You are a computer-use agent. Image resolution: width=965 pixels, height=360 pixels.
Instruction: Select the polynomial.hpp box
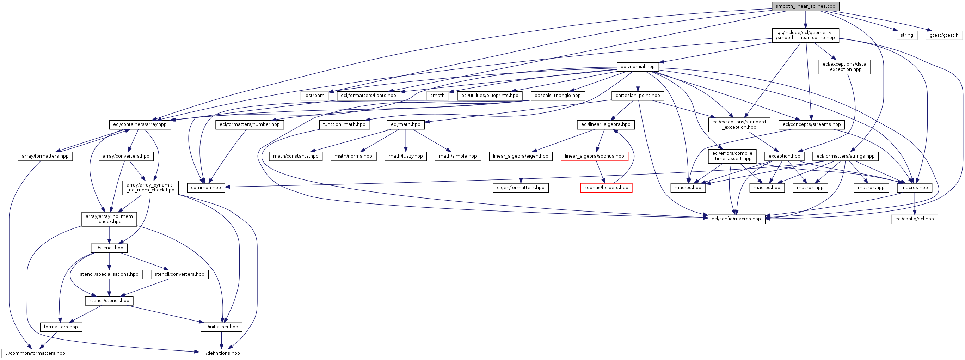(637, 67)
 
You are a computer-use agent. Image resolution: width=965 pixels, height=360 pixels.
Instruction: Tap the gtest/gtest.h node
(944, 35)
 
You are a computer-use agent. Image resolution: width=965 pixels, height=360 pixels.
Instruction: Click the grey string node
(906, 35)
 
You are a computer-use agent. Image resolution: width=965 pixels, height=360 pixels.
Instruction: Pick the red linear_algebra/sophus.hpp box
(594, 156)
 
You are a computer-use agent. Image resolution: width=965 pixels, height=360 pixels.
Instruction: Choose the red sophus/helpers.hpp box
(606, 188)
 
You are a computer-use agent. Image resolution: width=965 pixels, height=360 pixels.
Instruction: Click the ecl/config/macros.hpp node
(736, 219)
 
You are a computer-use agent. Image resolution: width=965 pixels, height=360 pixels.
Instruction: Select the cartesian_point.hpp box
(638, 96)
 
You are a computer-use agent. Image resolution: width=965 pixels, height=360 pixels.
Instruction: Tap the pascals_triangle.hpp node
(558, 96)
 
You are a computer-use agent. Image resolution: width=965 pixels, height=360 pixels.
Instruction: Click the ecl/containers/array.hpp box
(140, 124)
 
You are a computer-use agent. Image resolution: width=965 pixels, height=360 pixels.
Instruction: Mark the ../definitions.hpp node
(221, 353)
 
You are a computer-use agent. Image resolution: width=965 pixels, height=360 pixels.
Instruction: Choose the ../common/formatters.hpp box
(35, 353)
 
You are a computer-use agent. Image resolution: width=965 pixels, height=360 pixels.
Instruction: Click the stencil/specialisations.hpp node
(109, 274)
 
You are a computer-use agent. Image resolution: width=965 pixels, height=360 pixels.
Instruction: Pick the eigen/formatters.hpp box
(520, 188)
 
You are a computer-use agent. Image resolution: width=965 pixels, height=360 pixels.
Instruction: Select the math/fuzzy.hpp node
(405, 156)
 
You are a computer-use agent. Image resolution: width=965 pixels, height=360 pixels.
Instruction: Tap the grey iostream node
(314, 96)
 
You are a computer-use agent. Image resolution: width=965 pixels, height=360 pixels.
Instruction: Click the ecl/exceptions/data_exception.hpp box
(844, 67)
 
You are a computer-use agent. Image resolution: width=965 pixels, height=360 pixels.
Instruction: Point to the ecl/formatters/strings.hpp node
(845, 156)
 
